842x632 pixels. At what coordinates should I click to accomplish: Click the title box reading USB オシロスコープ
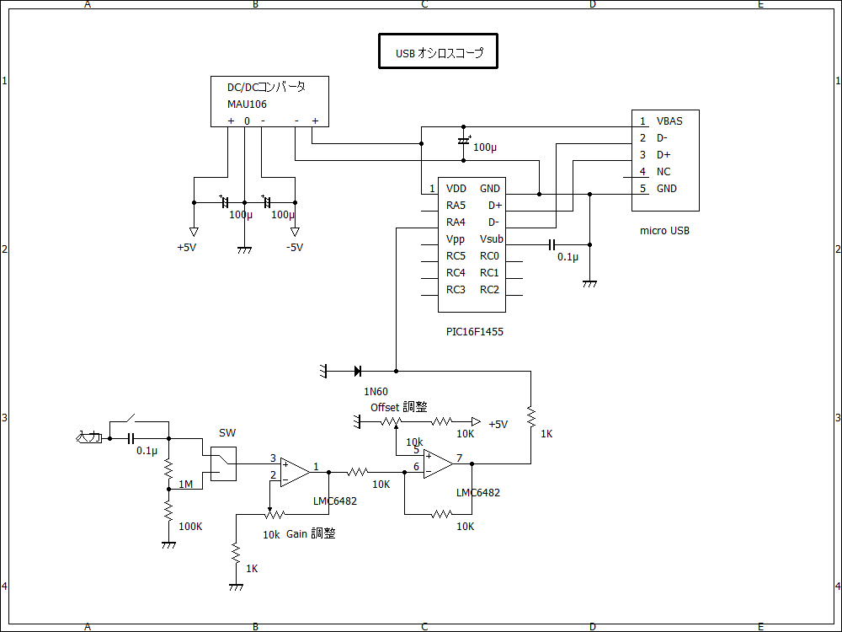point(438,52)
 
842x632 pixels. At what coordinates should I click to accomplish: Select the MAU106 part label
point(247,104)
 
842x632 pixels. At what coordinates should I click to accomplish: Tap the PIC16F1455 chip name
point(475,332)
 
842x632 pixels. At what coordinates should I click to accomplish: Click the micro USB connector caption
point(664,231)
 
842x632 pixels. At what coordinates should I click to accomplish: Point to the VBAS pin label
point(669,121)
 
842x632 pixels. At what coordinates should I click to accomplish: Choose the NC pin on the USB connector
point(663,172)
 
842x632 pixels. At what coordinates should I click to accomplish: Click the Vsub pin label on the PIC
point(492,239)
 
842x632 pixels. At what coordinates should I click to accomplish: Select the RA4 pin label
point(456,222)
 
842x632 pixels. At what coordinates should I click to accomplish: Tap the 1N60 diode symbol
point(358,371)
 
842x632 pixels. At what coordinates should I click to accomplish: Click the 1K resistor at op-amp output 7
point(530,416)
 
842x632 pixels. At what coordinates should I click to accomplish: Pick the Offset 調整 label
point(399,407)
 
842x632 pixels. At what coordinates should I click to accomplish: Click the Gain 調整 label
point(311,533)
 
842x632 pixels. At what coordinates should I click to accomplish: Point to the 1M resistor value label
point(186,485)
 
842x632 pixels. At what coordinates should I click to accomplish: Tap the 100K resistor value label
point(191,527)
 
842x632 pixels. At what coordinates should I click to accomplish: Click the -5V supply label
point(294,248)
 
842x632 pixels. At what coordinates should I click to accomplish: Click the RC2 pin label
point(489,290)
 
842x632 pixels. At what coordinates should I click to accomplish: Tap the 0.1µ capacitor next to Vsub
point(552,244)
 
